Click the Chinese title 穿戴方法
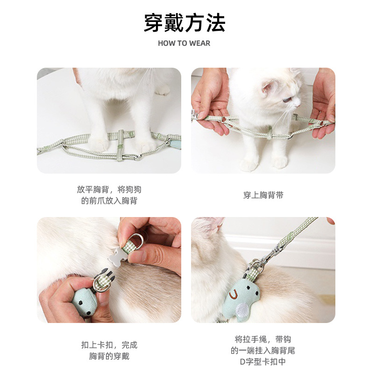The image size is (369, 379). [184, 23]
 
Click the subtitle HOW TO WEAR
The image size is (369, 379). [184, 43]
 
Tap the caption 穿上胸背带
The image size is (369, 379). [263, 195]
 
